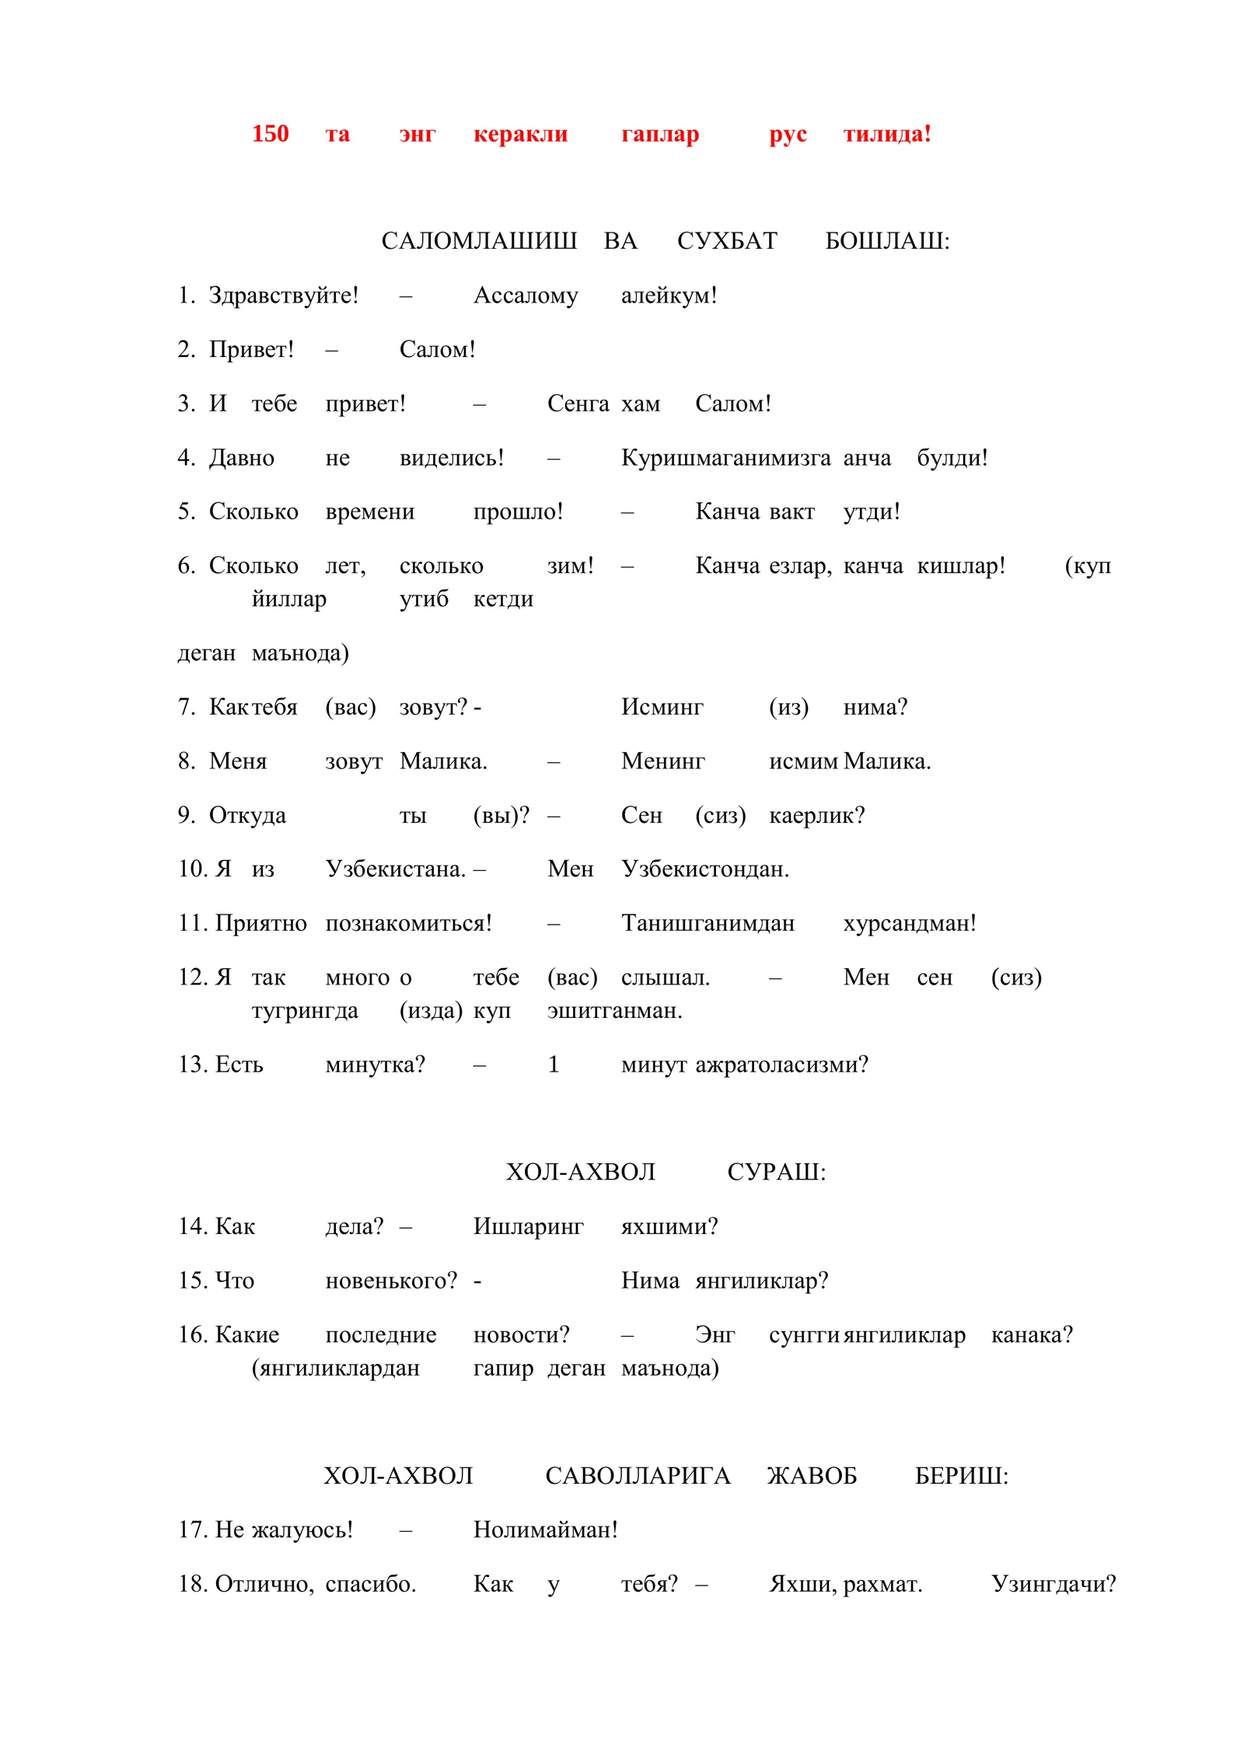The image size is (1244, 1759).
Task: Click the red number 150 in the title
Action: pyautogui.click(x=270, y=134)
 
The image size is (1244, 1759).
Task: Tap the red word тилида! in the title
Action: pyautogui.click(x=886, y=134)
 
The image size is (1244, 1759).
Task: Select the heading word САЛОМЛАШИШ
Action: pyautogui.click(x=478, y=241)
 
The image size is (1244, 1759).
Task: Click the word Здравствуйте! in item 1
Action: pyautogui.click(x=284, y=295)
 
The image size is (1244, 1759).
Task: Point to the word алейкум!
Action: pyautogui.click(x=669, y=295)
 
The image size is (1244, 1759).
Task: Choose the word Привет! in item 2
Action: pyautogui.click(x=251, y=349)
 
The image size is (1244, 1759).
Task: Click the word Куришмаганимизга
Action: pyautogui.click(x=725, y=457)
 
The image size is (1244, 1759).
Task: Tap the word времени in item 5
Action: pyautogui.click(x=369, y=512)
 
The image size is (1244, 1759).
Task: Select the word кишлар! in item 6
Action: pyautogui.click(x=961, y=565)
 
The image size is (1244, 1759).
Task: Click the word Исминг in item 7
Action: pyautogui.click(x=662, y=707)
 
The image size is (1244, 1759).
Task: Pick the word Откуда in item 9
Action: pyautogui.click(x=247, y=815)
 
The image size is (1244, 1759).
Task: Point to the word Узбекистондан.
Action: pyautogui.click(x=704, y=869)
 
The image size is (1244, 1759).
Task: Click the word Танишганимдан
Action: pyautogui.click(x=708, y=923)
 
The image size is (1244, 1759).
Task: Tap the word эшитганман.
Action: pyautogui.click(x=614, y=1010)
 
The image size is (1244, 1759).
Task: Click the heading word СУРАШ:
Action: pyautogui.click(x=776, y=1172)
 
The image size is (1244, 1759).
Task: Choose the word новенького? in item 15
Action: pyautogui.click(x=391, y=1280)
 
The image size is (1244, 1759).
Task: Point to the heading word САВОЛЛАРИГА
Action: pyautogui.click(x=638, y=1475)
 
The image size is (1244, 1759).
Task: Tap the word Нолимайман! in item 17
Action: pyautogui.click(x=545, y=1530)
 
